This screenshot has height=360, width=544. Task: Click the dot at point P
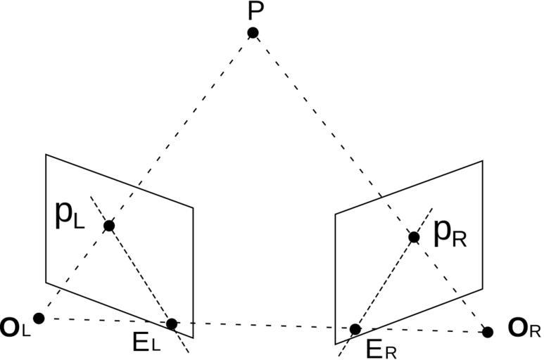[253, 32]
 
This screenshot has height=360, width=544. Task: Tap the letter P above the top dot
[255, 11]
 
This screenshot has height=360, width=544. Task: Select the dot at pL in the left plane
[109, 226]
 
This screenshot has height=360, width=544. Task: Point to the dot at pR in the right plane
[414, 238]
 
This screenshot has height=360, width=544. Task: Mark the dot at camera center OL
[39, 318]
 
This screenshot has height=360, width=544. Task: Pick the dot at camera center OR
[488, 331]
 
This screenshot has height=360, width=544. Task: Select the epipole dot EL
[172, 323]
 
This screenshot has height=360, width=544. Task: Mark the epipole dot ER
[355, 329]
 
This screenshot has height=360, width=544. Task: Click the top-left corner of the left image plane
[46, 154]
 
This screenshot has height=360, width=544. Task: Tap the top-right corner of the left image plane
[194, 207]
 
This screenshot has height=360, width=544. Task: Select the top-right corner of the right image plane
[483, 161]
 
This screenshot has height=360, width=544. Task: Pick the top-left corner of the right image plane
[335, 214]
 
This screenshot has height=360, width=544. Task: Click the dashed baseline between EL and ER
[264, 326]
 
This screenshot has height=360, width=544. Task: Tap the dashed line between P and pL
[179, 131]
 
